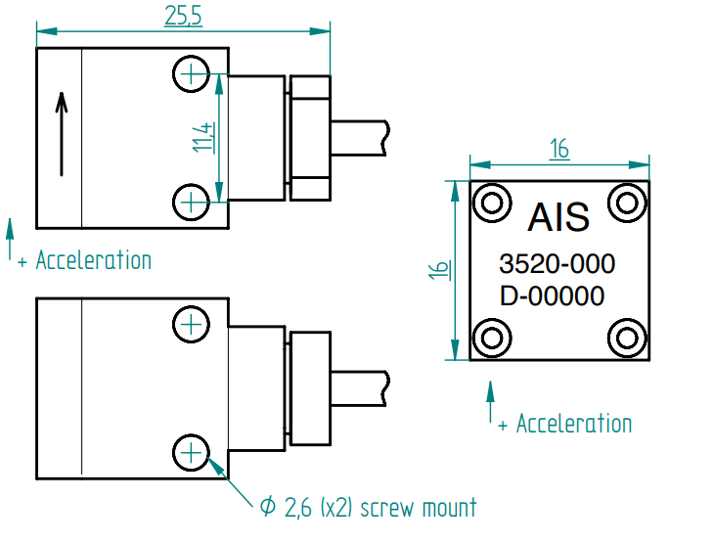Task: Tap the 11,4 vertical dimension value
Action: click(202, 138)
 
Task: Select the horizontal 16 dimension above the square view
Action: click(558, 149)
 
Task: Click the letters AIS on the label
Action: click(558, 216)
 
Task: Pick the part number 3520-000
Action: click(557, 264)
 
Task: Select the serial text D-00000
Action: click(552, 295)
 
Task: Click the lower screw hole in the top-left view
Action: click(191, 203)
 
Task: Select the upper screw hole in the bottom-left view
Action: click(191, 323)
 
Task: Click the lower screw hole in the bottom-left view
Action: click(191, 452)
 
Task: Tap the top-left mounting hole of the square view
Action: click(492, 203)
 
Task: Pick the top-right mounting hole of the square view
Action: click(626, 203)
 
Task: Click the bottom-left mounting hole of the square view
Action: click(492, 339)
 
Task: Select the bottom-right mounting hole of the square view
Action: click(626, 339)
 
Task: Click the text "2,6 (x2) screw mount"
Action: click(380, 508)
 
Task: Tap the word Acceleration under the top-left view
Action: click(93, 260)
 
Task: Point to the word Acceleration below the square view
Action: click(573, 424)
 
